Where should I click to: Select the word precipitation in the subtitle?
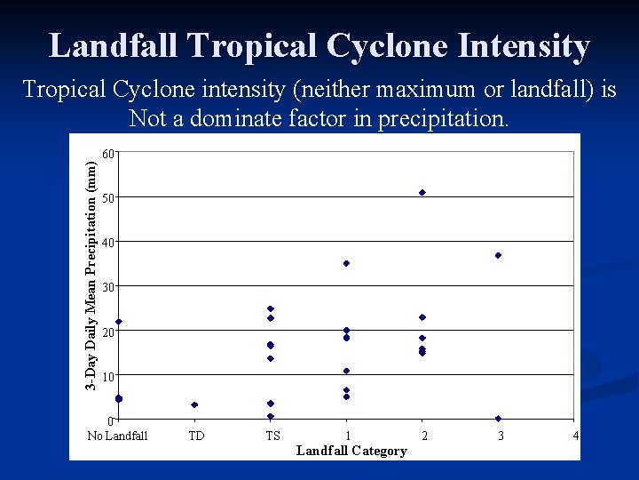(x=445, y=118)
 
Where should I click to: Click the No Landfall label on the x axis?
(x=118, y=436)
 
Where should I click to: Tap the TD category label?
(x=195, y=436)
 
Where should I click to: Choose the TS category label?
(x=272, y=436)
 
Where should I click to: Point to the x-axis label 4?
(x=576, y=436)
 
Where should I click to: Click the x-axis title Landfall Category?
(x=351, y=451)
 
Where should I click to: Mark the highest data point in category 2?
(x=422, y=192)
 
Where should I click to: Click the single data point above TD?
(x=194, y=404)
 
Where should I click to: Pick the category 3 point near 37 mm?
(x=499, y=255)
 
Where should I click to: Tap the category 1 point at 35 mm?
(x=346, y=263)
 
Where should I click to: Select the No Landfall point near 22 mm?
(x=119, y=322)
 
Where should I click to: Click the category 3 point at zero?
(x=499, y=419)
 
